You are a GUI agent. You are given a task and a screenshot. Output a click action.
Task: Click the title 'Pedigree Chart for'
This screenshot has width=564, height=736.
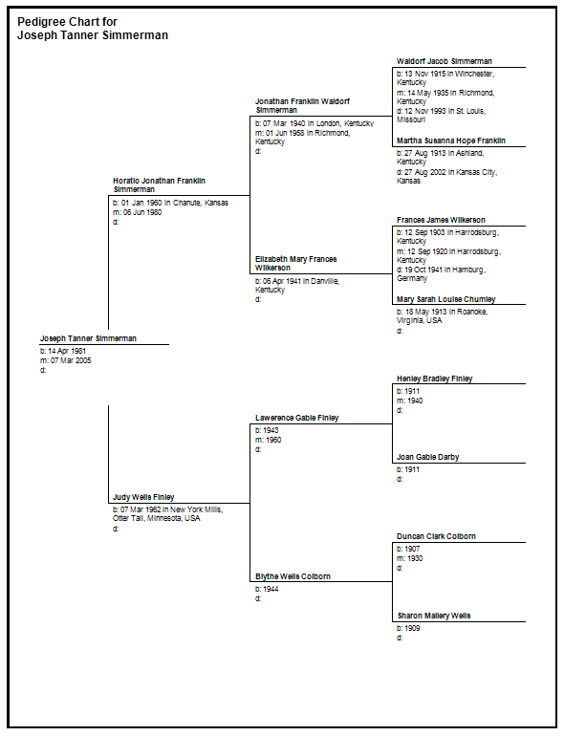click(67, 22)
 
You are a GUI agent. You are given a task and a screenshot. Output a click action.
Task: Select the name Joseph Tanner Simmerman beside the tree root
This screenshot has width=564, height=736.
click(88, 338)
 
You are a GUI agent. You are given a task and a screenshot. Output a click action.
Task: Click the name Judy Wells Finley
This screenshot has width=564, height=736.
click(143, 497)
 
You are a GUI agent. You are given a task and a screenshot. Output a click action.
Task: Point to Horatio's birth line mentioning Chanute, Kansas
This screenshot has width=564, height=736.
click(170, 203)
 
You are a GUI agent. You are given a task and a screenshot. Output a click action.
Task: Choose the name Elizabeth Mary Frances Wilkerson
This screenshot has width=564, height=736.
click(295, 263)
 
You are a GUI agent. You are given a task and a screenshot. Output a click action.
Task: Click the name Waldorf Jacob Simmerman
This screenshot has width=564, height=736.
click(445, 61)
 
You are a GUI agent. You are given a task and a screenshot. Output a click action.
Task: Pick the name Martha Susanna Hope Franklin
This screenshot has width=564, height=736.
click(451, 141)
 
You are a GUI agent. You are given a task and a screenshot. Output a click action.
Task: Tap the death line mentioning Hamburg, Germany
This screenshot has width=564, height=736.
click(441, 274)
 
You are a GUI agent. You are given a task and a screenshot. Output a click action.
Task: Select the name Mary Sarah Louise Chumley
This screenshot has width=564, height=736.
click(446, 299)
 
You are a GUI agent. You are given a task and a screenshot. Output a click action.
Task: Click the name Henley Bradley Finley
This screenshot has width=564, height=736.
click(434, 379)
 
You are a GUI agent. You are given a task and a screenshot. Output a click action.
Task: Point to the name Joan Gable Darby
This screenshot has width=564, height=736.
click(428, 457)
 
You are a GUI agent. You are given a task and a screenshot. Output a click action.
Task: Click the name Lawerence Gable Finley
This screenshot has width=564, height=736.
click(296, 418)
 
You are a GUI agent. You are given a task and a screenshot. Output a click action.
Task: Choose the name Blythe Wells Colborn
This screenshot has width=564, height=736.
click(293, 576)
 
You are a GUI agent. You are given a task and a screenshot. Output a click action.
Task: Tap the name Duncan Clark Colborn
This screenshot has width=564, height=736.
click(436, 536)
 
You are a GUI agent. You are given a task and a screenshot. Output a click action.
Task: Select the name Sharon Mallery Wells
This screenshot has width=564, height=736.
click(434, 616)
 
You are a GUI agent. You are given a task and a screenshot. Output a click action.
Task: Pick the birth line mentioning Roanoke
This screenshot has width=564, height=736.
click(443, 315)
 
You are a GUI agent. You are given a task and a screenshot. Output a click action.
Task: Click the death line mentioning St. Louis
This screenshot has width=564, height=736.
click(442, 116)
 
